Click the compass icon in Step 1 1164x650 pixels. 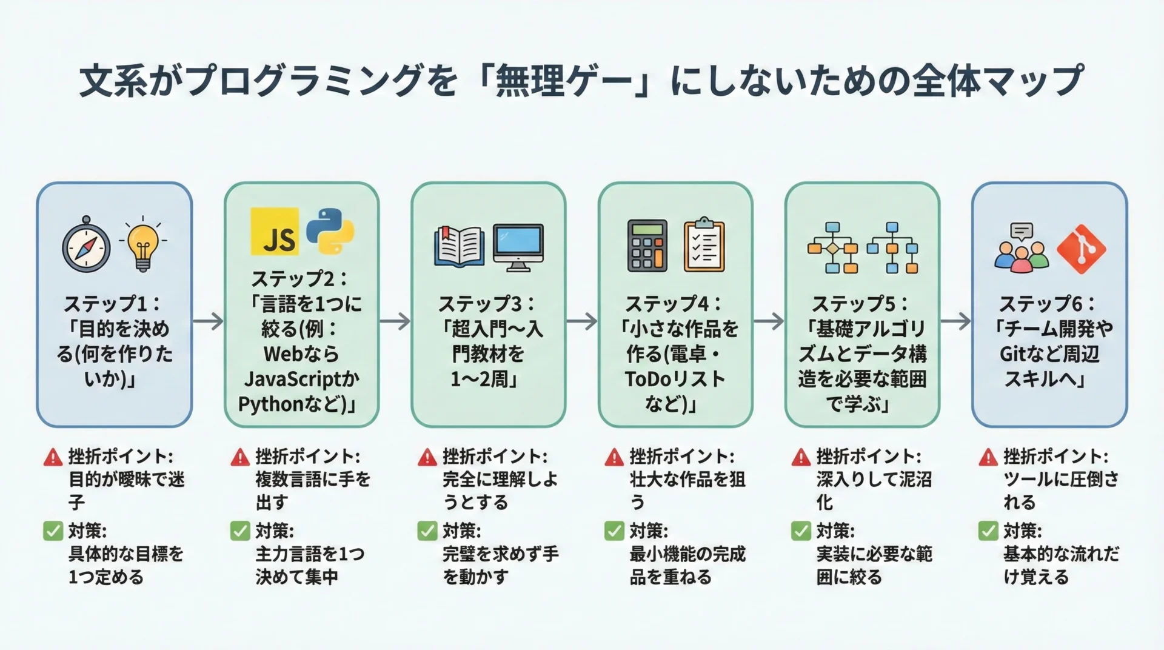coord(87,246)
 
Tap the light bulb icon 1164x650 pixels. coord(142,244)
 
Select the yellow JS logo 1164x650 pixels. coord(275,232)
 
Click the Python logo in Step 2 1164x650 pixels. coord(330,230)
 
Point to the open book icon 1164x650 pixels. coord(459,246)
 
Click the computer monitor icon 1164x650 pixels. coord(518,247)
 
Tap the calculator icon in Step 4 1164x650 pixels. coord(647,246)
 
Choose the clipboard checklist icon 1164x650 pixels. coord(704,246)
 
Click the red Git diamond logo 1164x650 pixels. coord(1081,249)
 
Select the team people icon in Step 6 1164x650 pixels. coord(1022,249)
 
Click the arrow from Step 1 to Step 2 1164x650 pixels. coord(209,321)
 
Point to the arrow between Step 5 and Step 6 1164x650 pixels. coord(956,321)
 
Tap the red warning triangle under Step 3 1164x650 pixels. coord(427,457)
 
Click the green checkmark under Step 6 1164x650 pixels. coord(988,531)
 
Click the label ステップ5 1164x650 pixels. coord(854,304)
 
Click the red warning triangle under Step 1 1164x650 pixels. coord(53,457)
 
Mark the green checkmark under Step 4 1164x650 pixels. coord(614,531)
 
